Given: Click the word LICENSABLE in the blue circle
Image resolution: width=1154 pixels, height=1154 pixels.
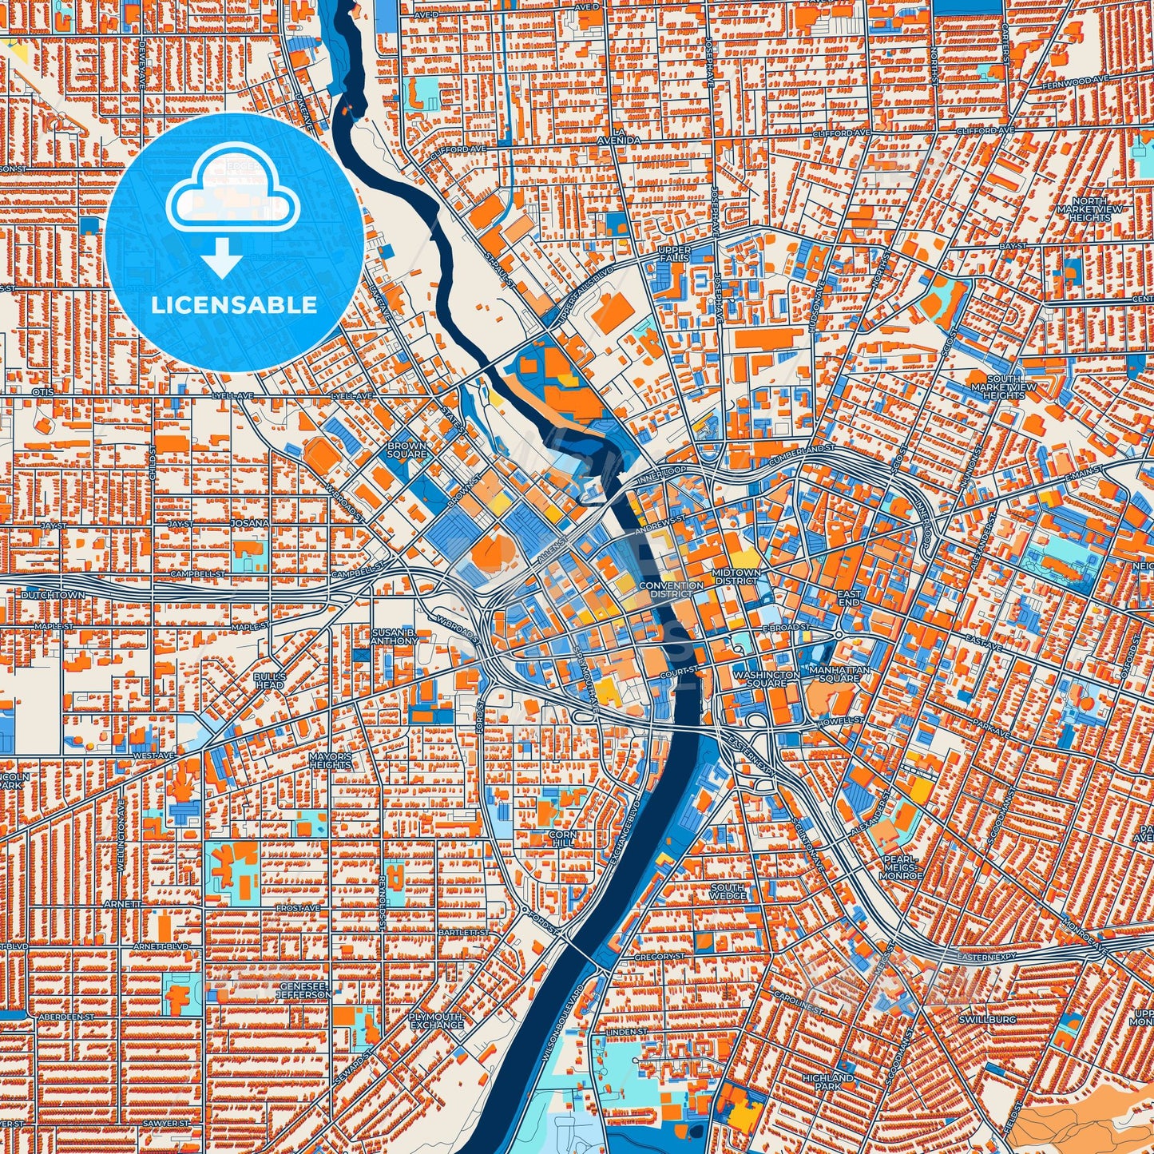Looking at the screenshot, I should (234, 305).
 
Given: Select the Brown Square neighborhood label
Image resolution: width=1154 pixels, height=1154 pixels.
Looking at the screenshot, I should (406, 450).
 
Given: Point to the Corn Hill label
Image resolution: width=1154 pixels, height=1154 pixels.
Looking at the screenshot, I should (562, 839).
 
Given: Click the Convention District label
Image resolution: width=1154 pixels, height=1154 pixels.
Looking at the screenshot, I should (672, 589).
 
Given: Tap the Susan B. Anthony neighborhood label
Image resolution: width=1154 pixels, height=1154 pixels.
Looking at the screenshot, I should (395, 636).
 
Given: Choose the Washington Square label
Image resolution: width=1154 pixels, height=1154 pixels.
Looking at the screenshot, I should (767, 679).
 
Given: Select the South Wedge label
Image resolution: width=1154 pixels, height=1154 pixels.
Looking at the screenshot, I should (728, 891).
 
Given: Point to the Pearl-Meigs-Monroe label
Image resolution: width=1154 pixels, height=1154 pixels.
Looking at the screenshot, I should (901, 867).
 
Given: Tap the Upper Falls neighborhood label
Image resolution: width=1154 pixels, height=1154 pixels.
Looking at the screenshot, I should (674, 254).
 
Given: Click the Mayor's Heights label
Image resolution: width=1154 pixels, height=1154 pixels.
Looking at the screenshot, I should (331, 760).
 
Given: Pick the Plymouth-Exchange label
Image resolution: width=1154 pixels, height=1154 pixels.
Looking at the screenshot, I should (435, 1021).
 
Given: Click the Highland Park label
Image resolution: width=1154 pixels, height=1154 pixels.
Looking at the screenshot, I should (828, 1082).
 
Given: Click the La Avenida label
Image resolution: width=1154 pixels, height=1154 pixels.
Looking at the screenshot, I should (618, 136).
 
